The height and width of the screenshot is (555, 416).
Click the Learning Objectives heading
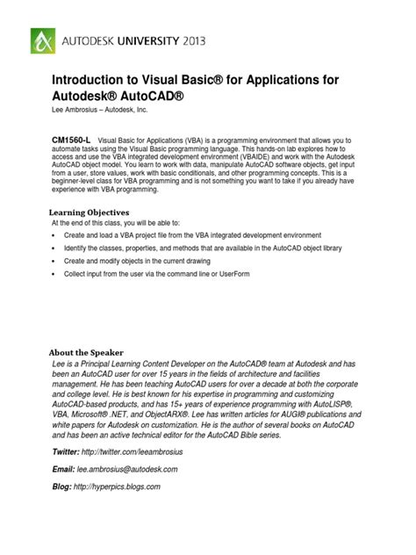click(88, 213)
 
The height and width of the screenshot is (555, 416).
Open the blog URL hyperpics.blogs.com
click(118, 487)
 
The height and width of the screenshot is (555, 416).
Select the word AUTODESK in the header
click(93, 40)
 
